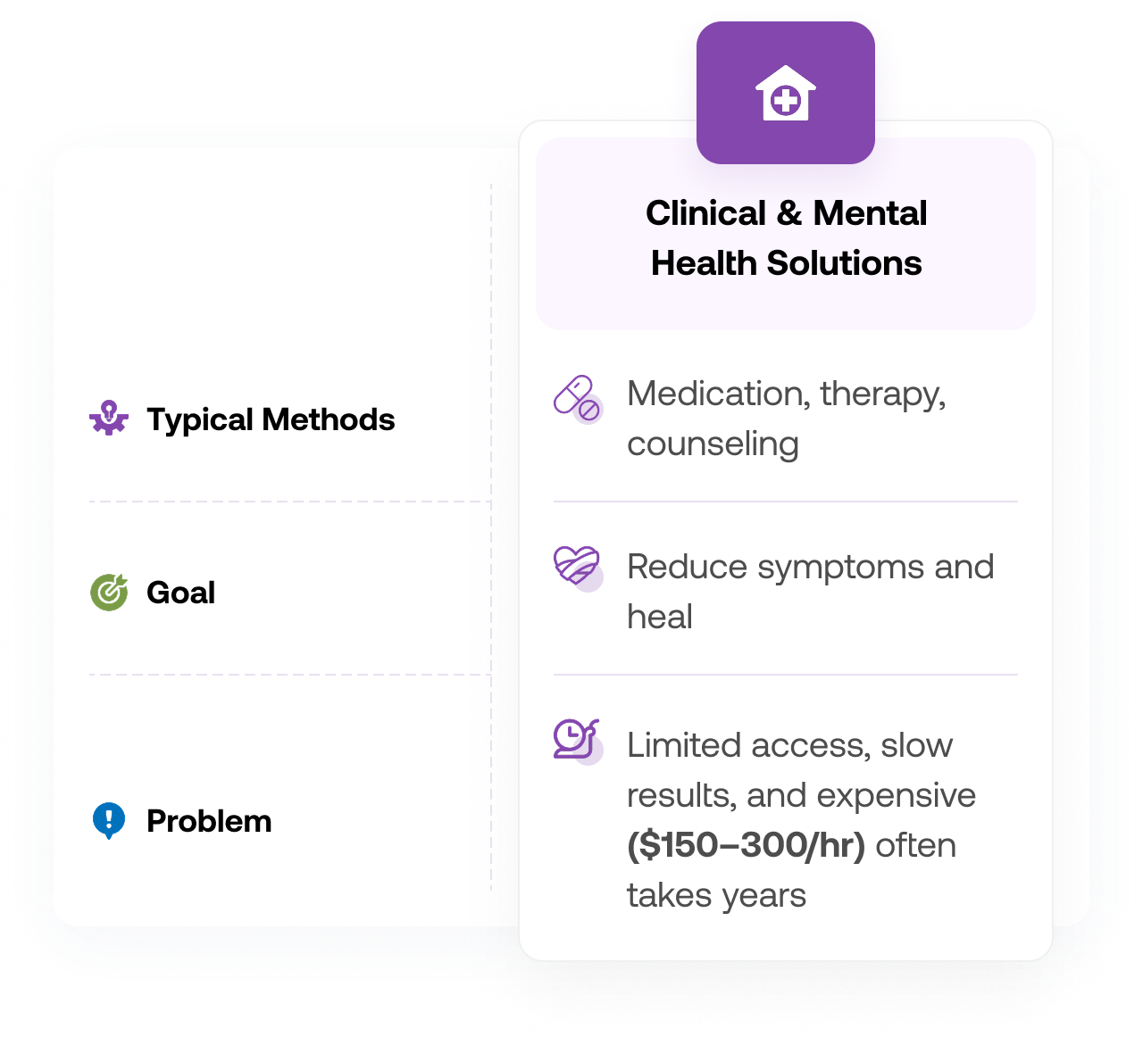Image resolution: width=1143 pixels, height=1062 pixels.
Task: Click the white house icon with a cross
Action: point(785,94)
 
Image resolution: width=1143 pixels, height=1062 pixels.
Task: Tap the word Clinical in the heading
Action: point(705,213)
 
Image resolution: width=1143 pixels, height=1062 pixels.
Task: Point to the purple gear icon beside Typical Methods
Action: point(109,419)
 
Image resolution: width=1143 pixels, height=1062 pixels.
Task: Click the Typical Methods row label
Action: point(271,419)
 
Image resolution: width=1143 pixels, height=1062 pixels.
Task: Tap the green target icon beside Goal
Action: point(109,593)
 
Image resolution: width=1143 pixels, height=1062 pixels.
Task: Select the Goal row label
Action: point(180,593)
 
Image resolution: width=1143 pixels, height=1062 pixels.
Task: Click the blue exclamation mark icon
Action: point(109,820)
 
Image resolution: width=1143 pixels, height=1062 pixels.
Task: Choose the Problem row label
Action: point(209,821)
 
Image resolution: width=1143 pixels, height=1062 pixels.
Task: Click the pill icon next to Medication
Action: point(577,398)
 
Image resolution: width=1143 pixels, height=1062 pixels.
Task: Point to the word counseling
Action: point(713,444)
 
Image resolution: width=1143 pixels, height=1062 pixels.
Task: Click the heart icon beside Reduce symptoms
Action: point(577,568)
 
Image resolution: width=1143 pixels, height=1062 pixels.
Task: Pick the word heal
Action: point(659,617)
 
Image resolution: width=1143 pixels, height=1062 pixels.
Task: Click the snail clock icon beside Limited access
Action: point(577,741)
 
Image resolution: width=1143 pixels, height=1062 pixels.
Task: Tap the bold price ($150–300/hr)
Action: point(746,845)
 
